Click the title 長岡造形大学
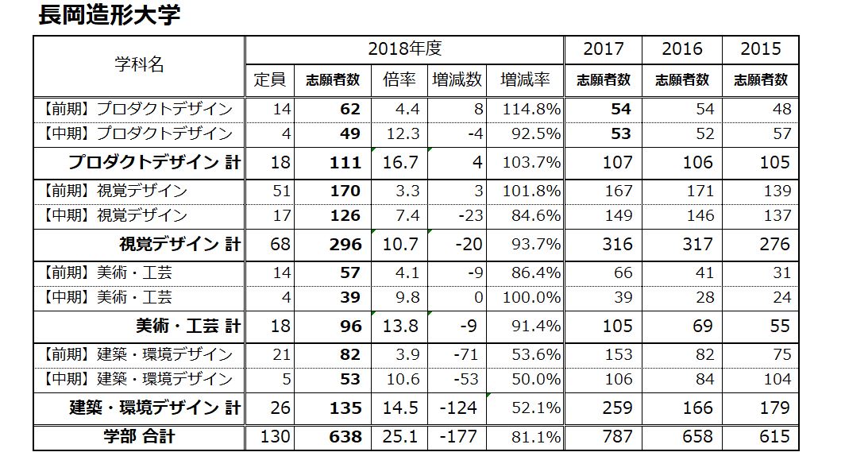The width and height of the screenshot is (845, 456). (109, 15)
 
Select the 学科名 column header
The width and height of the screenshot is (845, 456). (139, 65)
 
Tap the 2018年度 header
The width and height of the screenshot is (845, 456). (404, 48)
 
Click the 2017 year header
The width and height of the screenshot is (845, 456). (603, 48)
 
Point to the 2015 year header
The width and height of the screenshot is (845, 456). (760, 48)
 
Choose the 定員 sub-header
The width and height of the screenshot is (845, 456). (269, 79)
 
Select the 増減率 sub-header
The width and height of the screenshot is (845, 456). (525, 79)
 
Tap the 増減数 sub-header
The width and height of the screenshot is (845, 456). (457, 79)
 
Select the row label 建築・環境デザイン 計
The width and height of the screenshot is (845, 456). (154, 408)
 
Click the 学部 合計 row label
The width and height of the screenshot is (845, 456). (140, 436)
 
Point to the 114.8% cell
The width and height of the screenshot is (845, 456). (531, 109)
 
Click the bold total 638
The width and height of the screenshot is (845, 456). (345, 437)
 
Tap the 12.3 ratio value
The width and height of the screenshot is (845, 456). (403, 133)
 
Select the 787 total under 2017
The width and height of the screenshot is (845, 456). (617, 437)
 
